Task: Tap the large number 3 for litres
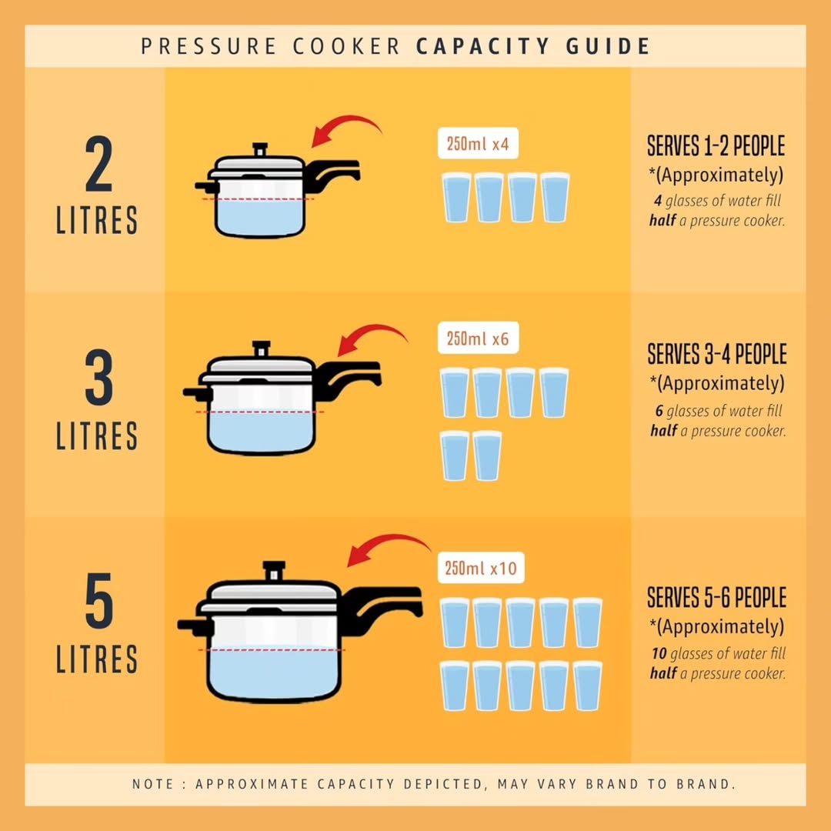point(99,377)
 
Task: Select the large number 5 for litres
point(99,600)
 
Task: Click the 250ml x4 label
point(478,144)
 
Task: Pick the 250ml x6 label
point(478,338)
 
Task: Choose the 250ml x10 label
point(481,568)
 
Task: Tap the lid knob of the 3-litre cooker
point(262,349)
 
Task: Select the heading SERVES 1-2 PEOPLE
point(716,145)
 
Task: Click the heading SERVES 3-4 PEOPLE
point(717,354)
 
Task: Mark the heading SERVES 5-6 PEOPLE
point(717,597)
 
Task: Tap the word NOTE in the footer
point(153,784)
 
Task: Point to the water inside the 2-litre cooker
point(260,217)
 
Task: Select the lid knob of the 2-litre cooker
point(260,149)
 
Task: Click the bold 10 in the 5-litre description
point(659,653)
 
